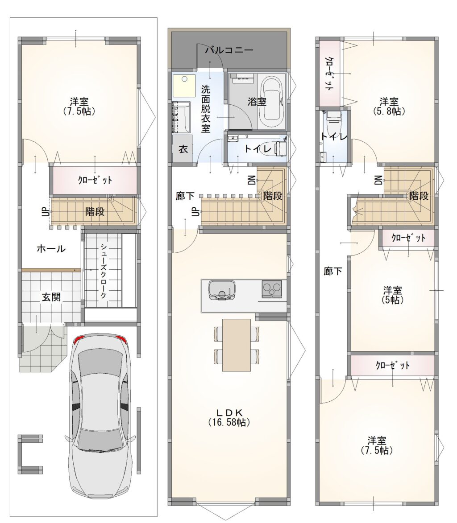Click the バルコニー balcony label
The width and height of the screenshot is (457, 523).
coord(229,50)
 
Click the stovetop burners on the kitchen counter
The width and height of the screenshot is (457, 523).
coord(272,288)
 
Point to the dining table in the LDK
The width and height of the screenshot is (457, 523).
coord(237,345)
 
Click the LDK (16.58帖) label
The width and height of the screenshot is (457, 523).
coord(229,417)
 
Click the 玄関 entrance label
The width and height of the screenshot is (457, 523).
coord(51,297)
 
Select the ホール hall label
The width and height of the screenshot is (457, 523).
coord(51,248)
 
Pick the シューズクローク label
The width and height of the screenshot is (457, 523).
coord(104,271)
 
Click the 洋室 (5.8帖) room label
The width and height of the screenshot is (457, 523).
coord(389,106)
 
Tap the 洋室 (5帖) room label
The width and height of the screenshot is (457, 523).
coord(393,295)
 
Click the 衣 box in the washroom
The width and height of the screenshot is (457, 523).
coord(183,149)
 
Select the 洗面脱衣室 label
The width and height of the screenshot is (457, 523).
coord(206,109)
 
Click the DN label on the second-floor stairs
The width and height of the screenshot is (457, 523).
coord(252,180)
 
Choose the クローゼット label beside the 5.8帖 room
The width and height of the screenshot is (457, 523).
coord(328,74)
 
